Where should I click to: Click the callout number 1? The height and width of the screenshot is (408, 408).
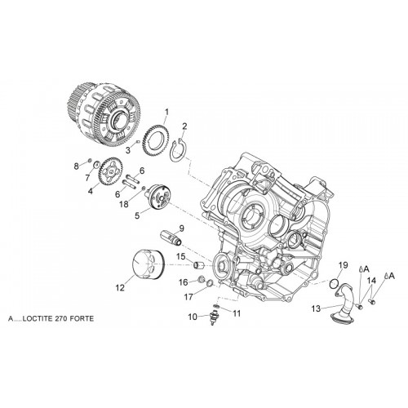166,112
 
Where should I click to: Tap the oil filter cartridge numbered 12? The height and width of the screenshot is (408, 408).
149,264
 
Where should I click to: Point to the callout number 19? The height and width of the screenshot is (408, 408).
344,265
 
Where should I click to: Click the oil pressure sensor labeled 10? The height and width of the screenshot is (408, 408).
213,317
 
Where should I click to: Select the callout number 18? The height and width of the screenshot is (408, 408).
124,204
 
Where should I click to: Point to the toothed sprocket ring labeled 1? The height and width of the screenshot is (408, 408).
156,140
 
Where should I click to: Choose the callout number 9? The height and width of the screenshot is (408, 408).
181,228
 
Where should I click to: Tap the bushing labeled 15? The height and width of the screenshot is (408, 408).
198,264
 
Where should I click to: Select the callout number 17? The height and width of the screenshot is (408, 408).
188,297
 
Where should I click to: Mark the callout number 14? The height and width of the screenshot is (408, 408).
371,280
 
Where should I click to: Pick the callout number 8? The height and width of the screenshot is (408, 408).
77,166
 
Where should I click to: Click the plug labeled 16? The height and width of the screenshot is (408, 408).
202,279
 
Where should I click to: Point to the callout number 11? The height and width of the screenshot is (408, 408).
237,313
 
